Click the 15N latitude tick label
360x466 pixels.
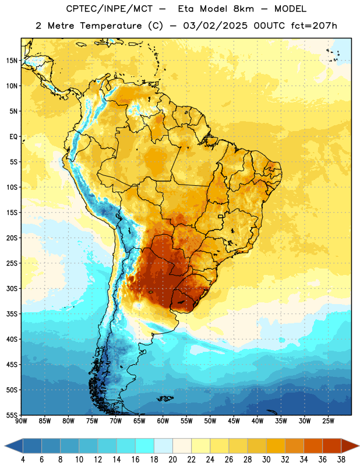(x=12, y=61)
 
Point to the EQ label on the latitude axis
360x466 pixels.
(x=13, y=137)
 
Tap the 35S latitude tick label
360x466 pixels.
(x=12, y=314)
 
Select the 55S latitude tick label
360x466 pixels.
(x=12, y=415)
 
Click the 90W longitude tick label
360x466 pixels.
(x=21, y=421)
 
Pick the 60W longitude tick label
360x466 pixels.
(x=163, y=421)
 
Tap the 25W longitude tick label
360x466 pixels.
(x=328, y=421)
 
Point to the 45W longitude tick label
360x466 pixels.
(x=234, y=421)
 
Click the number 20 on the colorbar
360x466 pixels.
(x=172, y=460)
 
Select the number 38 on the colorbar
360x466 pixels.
(x=341, y=460)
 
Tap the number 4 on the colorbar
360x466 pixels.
(x=23, y=460)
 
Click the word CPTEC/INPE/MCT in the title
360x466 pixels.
(x=109, y=9)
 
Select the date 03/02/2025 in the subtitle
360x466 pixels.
(x=215, y=26)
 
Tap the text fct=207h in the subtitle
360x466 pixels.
(x=314, y=26)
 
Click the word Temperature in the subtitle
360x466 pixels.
(x=111, y=26)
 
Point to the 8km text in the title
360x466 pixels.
(x=243, y=9)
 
